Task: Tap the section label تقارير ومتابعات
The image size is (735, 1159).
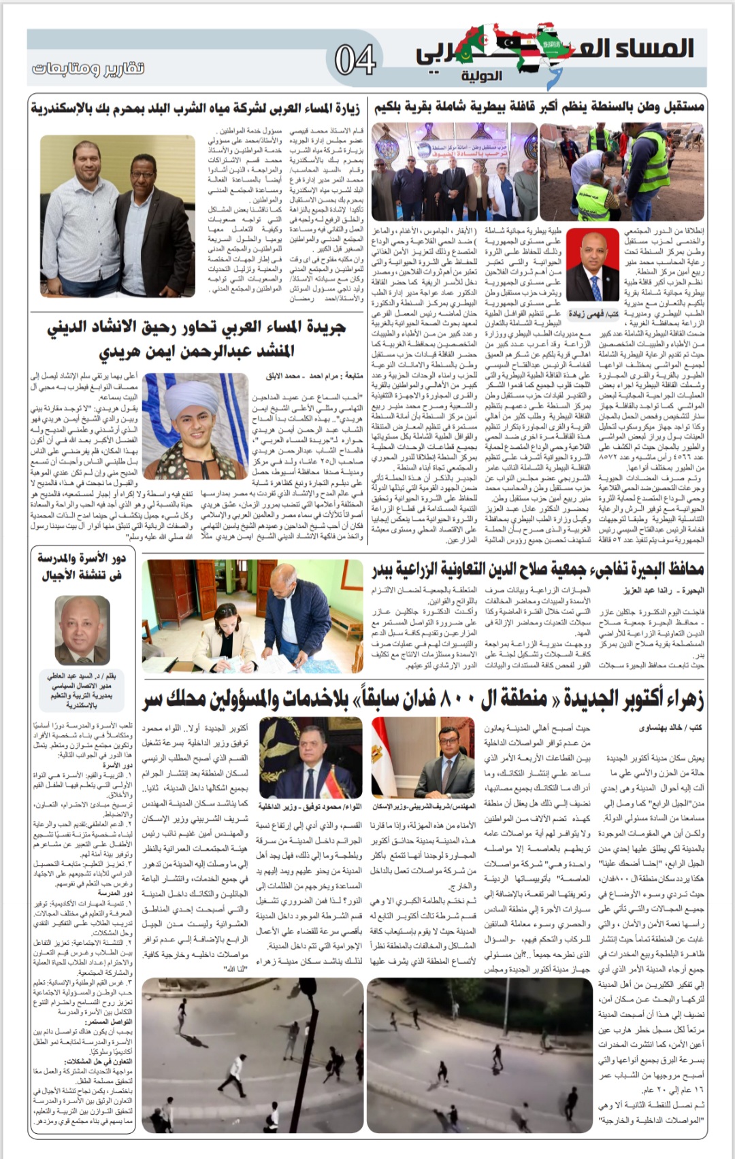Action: pos(88,68)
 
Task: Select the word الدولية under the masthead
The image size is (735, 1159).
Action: pos(481,75)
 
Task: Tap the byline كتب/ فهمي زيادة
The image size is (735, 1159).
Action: pos(593,314)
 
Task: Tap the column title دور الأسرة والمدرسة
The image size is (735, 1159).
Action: pos(82,566)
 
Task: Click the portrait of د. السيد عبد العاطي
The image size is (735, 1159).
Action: pos(82,631)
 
